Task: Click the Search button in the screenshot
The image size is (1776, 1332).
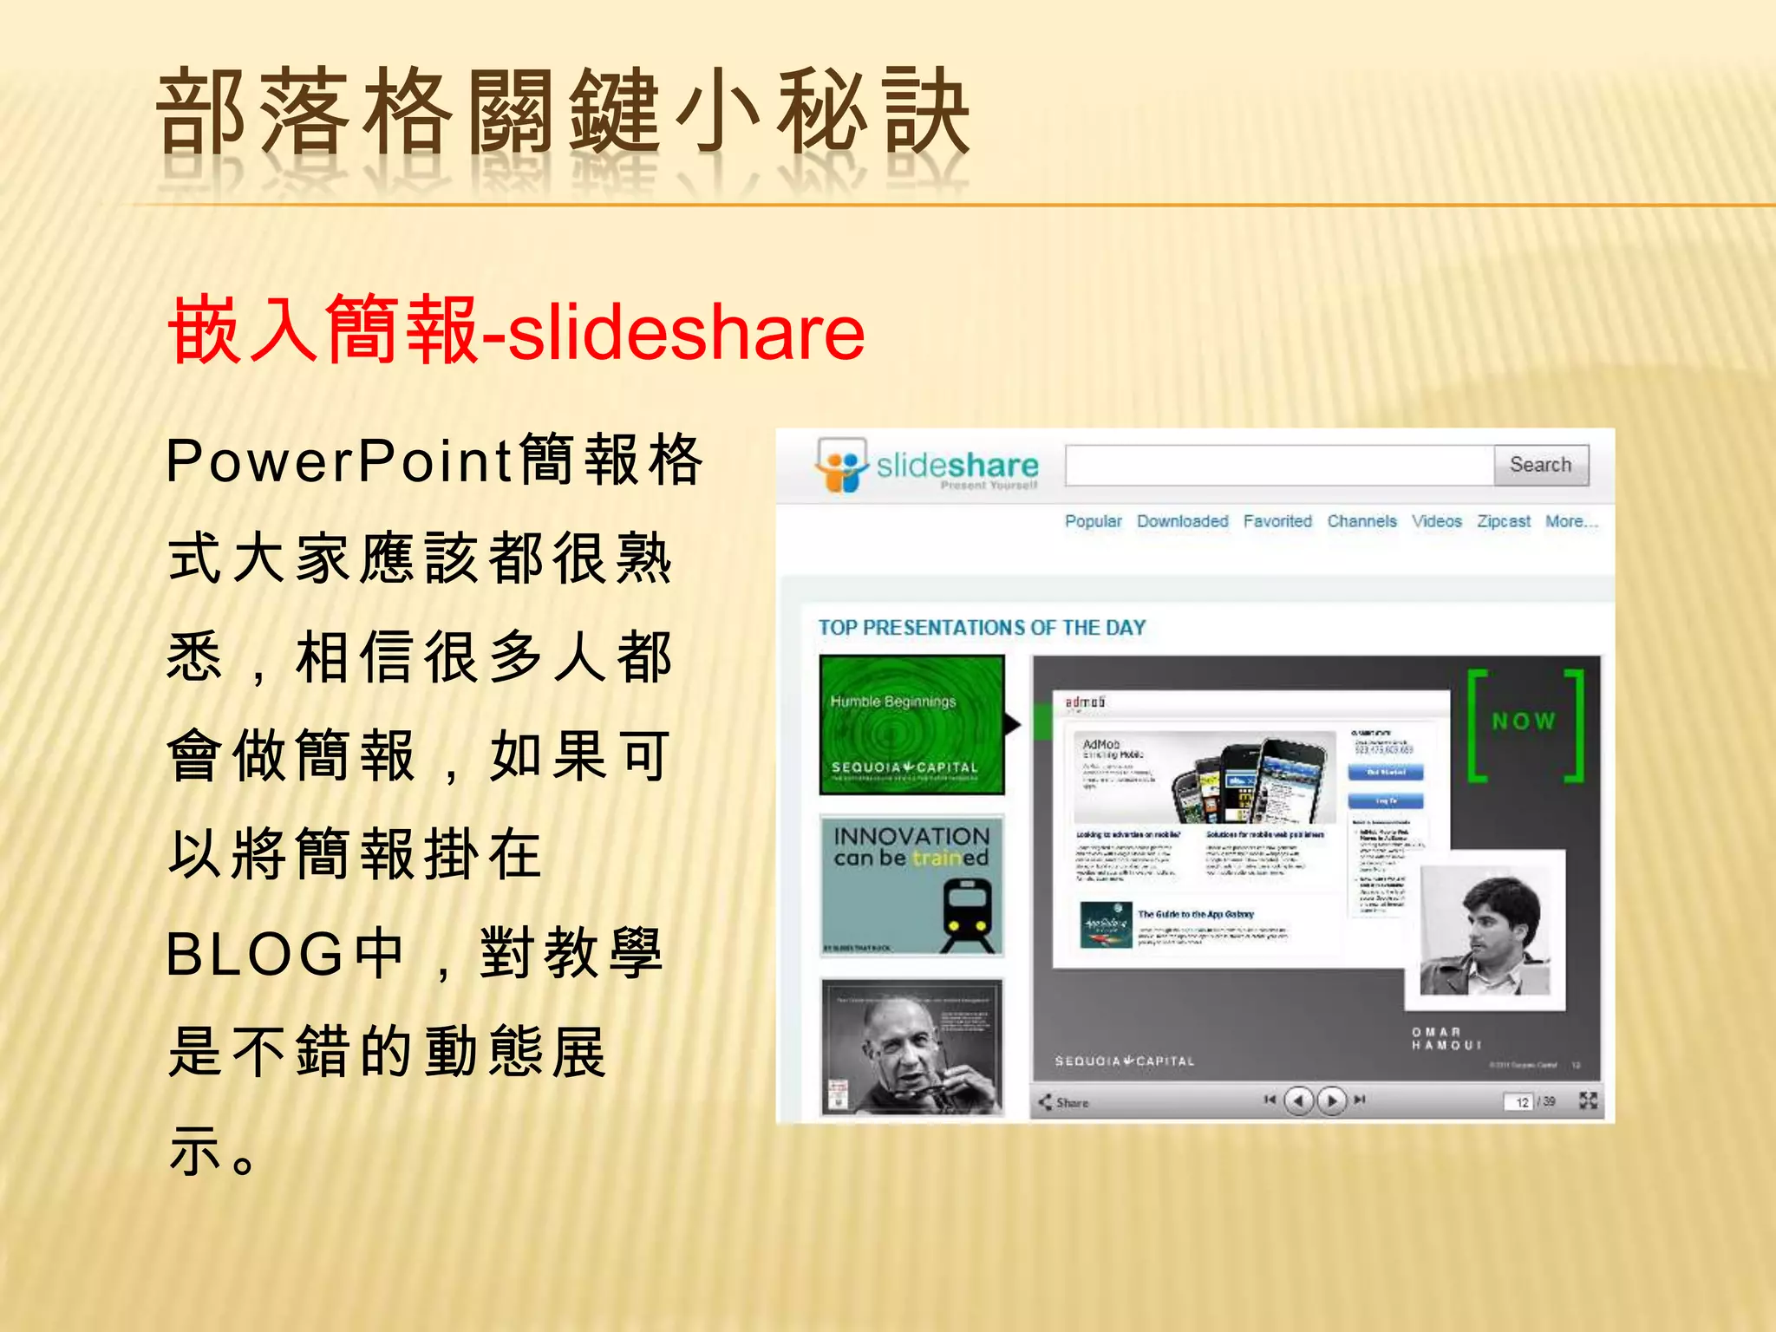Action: click(x=1540, y=465)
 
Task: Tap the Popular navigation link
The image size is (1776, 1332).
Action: click(x=1093, y=521)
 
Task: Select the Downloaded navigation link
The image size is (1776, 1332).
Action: click(x=1182, y=521)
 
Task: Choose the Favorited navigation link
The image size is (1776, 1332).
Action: click(x=1277, y=521)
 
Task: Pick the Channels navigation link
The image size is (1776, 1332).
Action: click(x=1361, y=521)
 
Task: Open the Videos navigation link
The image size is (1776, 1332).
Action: click(x=1436, y=521)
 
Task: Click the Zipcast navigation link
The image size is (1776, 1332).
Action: click(x=1503, y=521)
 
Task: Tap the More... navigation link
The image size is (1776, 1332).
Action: click(x=1570, y=521)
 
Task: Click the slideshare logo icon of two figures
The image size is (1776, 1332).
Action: click(x=840, y=466)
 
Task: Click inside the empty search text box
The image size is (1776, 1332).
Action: click(x=1279, y=466)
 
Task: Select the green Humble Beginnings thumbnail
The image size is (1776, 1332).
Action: click(x=911, y=724)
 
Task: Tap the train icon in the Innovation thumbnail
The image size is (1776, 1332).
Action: click(x=966, y=912)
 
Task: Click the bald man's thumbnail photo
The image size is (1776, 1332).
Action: click(x=911, y=1047)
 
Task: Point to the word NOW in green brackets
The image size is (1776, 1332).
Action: click(x=1524, y=721)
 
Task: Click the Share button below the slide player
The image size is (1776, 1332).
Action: click(x=1064, y=1102)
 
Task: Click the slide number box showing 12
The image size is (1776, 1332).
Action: click(x=1520, y=1102)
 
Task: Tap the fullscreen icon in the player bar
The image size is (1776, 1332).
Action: click(x=1588, y=1100)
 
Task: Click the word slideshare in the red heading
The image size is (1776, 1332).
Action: click(x=686, y=332)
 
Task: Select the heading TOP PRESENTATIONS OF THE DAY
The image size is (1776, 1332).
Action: click(x=982, y=627)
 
